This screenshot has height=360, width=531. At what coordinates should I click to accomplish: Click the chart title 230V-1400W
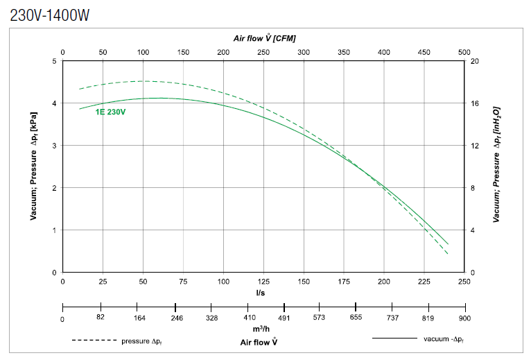coord(50,15)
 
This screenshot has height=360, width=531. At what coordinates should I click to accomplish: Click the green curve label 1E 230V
coord(110,112)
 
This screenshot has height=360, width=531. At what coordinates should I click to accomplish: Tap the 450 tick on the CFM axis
coord(424,52)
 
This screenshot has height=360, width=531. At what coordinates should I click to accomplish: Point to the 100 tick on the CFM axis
coord(143,52)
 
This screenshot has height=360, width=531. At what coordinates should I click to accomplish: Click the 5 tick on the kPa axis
coord(55,61)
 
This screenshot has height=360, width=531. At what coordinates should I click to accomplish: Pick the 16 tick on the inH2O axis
coord(475,103)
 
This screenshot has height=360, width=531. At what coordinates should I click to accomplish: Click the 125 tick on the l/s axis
coord(264,282)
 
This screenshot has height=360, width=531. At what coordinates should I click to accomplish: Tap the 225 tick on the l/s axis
coord(424,282)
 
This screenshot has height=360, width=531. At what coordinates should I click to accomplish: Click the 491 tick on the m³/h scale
coord(284,317)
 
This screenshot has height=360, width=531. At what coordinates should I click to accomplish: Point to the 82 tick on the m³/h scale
coord(101,317)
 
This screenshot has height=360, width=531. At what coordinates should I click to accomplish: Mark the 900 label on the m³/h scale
coord(464,318)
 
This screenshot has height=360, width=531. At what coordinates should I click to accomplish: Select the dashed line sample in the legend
coord(94,341)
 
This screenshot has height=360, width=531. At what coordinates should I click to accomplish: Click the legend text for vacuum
coord(443,339)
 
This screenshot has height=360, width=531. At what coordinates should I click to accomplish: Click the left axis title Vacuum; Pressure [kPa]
coord(33,166)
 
